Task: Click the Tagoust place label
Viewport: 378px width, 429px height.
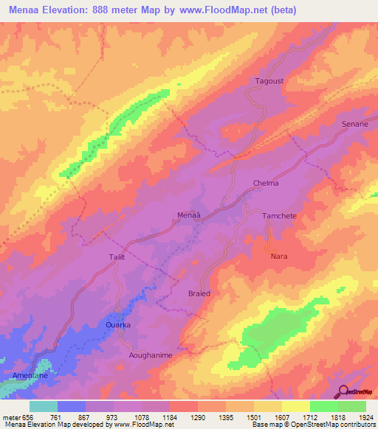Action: click(x=269, y=81)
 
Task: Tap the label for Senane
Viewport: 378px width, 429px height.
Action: click(x=354, y=125)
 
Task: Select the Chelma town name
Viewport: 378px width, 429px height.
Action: click(x=266, y=183)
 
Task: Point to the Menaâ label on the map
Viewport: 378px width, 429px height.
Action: click(x=189, y=215)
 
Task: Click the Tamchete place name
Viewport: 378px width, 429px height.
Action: click(x=279, y=215)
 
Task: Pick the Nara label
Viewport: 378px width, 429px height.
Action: click(x=279, y=256)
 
